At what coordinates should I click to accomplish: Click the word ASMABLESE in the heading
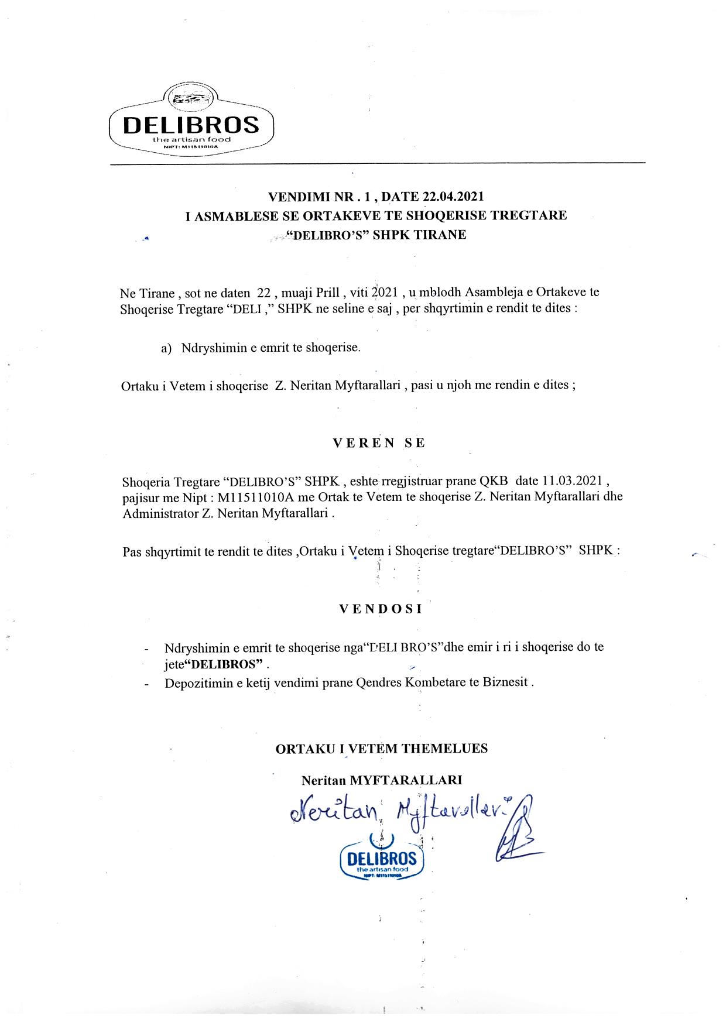236,215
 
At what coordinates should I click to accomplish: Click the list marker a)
166,348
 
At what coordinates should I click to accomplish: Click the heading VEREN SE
379,443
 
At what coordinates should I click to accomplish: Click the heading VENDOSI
381,609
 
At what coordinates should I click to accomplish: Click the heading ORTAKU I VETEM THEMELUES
381,748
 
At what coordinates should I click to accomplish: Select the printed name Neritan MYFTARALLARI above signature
382,780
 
